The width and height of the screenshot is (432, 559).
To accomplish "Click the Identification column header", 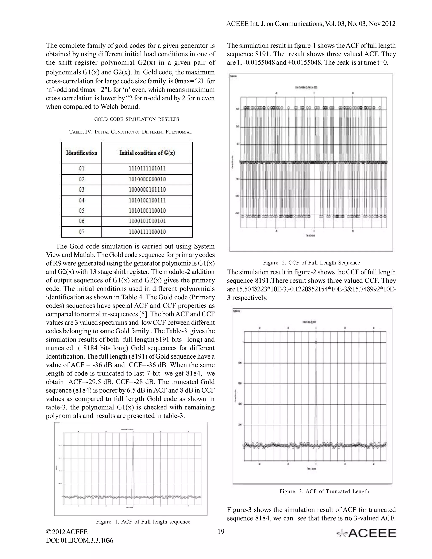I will tap(82, 153).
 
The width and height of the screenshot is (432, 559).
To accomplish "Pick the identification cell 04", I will tap(82, 200).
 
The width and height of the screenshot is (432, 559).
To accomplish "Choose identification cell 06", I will tap(82, 221).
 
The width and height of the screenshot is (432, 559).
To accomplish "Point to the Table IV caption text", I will tap(131, 132).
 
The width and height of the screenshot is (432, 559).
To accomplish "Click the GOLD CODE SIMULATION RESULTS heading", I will tap(136, 119).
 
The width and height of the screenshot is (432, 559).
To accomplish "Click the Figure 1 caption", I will tap(143, 522).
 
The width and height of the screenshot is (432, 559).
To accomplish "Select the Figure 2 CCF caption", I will tap(312, 263).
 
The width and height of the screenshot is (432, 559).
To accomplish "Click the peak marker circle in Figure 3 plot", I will tap(316, 342).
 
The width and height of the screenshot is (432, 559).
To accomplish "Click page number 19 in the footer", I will tap(221, 532).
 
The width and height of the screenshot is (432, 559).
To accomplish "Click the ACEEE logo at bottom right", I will tap(366, 533).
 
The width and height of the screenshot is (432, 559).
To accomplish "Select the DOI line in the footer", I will tap(79, 541).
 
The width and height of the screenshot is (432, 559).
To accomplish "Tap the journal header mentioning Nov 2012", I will tap(311, 24).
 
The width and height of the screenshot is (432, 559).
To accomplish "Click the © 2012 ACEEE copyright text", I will tap(67, 532).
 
